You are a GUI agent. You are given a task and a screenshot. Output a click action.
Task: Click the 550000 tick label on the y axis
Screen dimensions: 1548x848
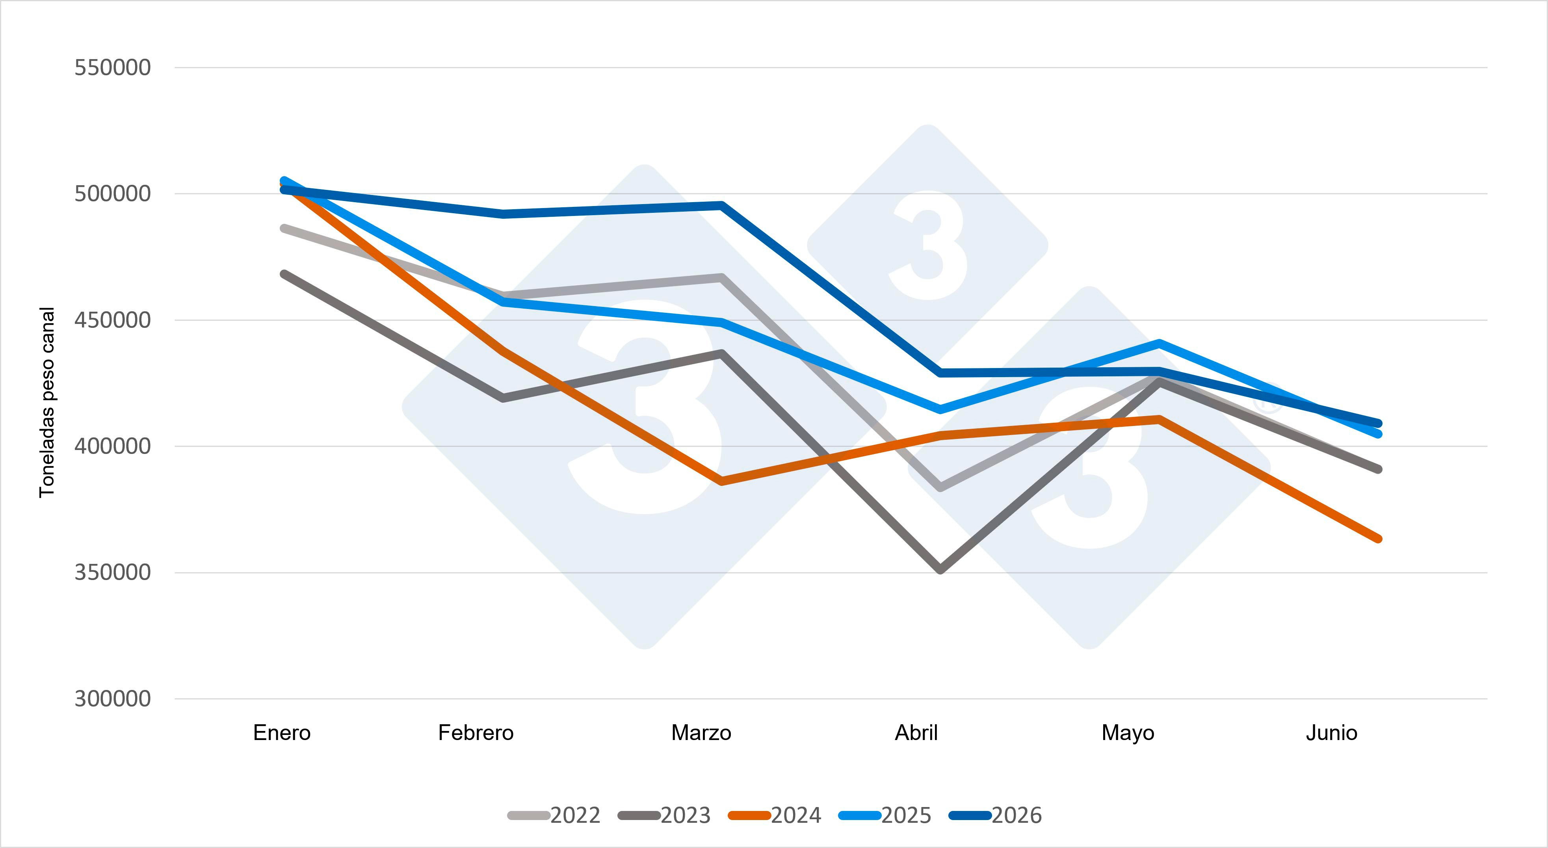pos(112,67)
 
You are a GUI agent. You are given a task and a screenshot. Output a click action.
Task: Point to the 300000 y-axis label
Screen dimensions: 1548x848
pos(112,698)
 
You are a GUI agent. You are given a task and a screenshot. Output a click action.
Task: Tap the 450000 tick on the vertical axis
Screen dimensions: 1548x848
pos(112,320)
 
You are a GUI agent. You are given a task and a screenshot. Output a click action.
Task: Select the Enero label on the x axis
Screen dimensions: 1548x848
pos(282,733)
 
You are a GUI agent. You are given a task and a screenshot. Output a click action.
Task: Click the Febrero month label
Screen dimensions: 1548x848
pos(476,733)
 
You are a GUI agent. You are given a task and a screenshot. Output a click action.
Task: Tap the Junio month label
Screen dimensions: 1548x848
pos(1332,733)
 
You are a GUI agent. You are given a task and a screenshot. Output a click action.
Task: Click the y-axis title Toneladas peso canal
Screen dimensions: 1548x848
pos(47,402)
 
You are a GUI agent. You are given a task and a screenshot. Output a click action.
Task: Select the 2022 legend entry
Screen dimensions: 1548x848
pos(554,816)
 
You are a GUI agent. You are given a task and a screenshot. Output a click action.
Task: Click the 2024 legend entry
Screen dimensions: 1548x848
pos(775,816)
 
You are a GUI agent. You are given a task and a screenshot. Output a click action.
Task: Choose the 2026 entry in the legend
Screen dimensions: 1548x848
pos(995,816)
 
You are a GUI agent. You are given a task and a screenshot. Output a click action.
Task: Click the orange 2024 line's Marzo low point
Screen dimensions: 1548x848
pos(722,481)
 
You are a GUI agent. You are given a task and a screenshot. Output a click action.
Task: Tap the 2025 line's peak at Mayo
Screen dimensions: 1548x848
pos(1159,344)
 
